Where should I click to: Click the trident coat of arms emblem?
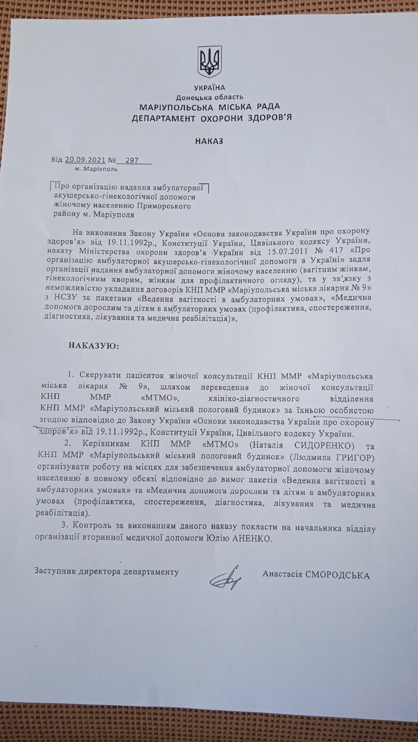point(210,61)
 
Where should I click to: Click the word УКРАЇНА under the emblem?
point(209,88)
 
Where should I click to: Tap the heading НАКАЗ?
point(209,141)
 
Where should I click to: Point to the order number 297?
point(132,160)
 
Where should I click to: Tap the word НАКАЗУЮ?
point(93,345)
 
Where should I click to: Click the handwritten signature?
point(227,578)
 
